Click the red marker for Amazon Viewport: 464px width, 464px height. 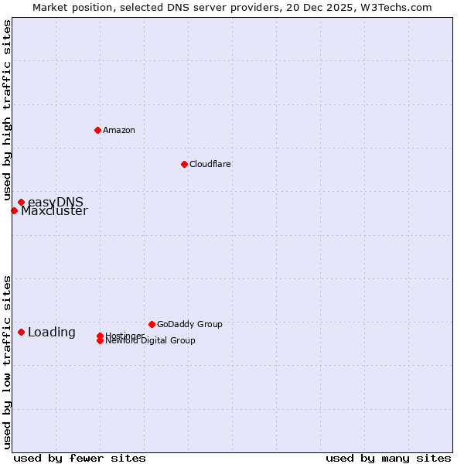click(97, 130)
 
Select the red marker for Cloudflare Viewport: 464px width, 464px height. click(184, 164)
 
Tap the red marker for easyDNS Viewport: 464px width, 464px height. click(21, 203)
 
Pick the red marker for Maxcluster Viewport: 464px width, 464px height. click(14, 210)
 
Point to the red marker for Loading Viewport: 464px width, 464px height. click(21, 332)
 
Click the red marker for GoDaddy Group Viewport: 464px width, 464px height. click(152, 324)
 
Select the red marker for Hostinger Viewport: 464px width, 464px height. click(100, 336)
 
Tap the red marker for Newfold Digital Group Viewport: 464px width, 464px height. click(100, 340)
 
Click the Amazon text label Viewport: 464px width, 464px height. click(119, 130)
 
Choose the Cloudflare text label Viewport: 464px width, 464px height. click(210, 164)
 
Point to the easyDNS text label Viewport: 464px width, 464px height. click(56, 203)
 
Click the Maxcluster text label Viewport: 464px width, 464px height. click(54, 211)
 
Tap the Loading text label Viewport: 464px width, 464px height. click(52, 333)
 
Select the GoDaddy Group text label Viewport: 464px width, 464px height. click(189, 324)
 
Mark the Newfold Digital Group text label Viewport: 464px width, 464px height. click(151, 341)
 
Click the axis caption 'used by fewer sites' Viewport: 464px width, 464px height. click(80, 458)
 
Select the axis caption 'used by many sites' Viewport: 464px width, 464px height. click(388, 458)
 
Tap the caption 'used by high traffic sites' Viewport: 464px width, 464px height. click(7, 111)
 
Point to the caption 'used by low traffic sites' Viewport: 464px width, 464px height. click(7, 361)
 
